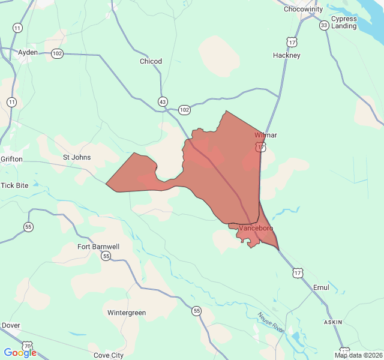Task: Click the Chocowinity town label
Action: [x=303, y=9]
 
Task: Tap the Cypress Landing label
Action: [x=344, y=22]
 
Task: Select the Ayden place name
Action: [x=28, y=52]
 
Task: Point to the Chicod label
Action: [x=151, y=61]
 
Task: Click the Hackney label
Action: [x=287, y=55]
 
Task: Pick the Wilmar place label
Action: [x=266, y=135]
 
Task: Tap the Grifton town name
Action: [x=11, y=159]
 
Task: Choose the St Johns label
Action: [x=77, y=157]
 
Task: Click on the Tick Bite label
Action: [x=14, y=185]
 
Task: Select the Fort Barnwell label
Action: [x=98, y=247]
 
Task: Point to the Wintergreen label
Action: [x=127, y=313]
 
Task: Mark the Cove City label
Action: [x=109, y=355]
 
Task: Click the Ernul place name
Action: [x=321, y=287]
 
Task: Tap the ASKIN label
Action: [x=333, y=322]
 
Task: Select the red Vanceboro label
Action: [x=256, y=228]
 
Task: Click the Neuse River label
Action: [x=271, y=322]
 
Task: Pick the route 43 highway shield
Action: [x=163, y=101]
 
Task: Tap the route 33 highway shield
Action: [x=324, y=25]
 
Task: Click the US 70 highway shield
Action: [x=28, y=346]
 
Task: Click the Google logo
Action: [x=20, y=353]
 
